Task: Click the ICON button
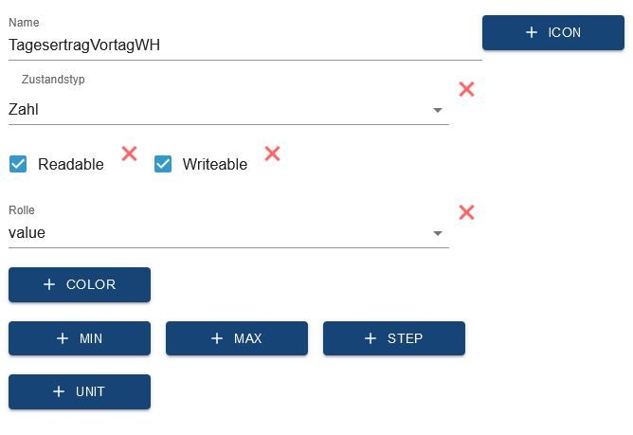[553, 33]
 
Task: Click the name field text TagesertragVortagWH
[84, 45]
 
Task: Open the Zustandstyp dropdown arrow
[438, 110]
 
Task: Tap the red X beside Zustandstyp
[466, 89]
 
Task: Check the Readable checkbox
[18, 164]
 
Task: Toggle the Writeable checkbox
[163, 164]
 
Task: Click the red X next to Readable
[129, 154]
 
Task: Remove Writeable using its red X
[273, 154]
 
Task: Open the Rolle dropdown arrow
[438, 233]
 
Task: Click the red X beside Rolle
[466, 212]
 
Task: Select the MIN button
[80, 338]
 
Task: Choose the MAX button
[237, 338]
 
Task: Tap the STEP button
[394, 338]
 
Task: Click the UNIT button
[80, 391]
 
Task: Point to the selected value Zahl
[24, 109]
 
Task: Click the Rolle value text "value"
[27, 232]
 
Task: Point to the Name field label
[24, 22]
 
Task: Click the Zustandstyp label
[53, 80]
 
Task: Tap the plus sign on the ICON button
[532, 32]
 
